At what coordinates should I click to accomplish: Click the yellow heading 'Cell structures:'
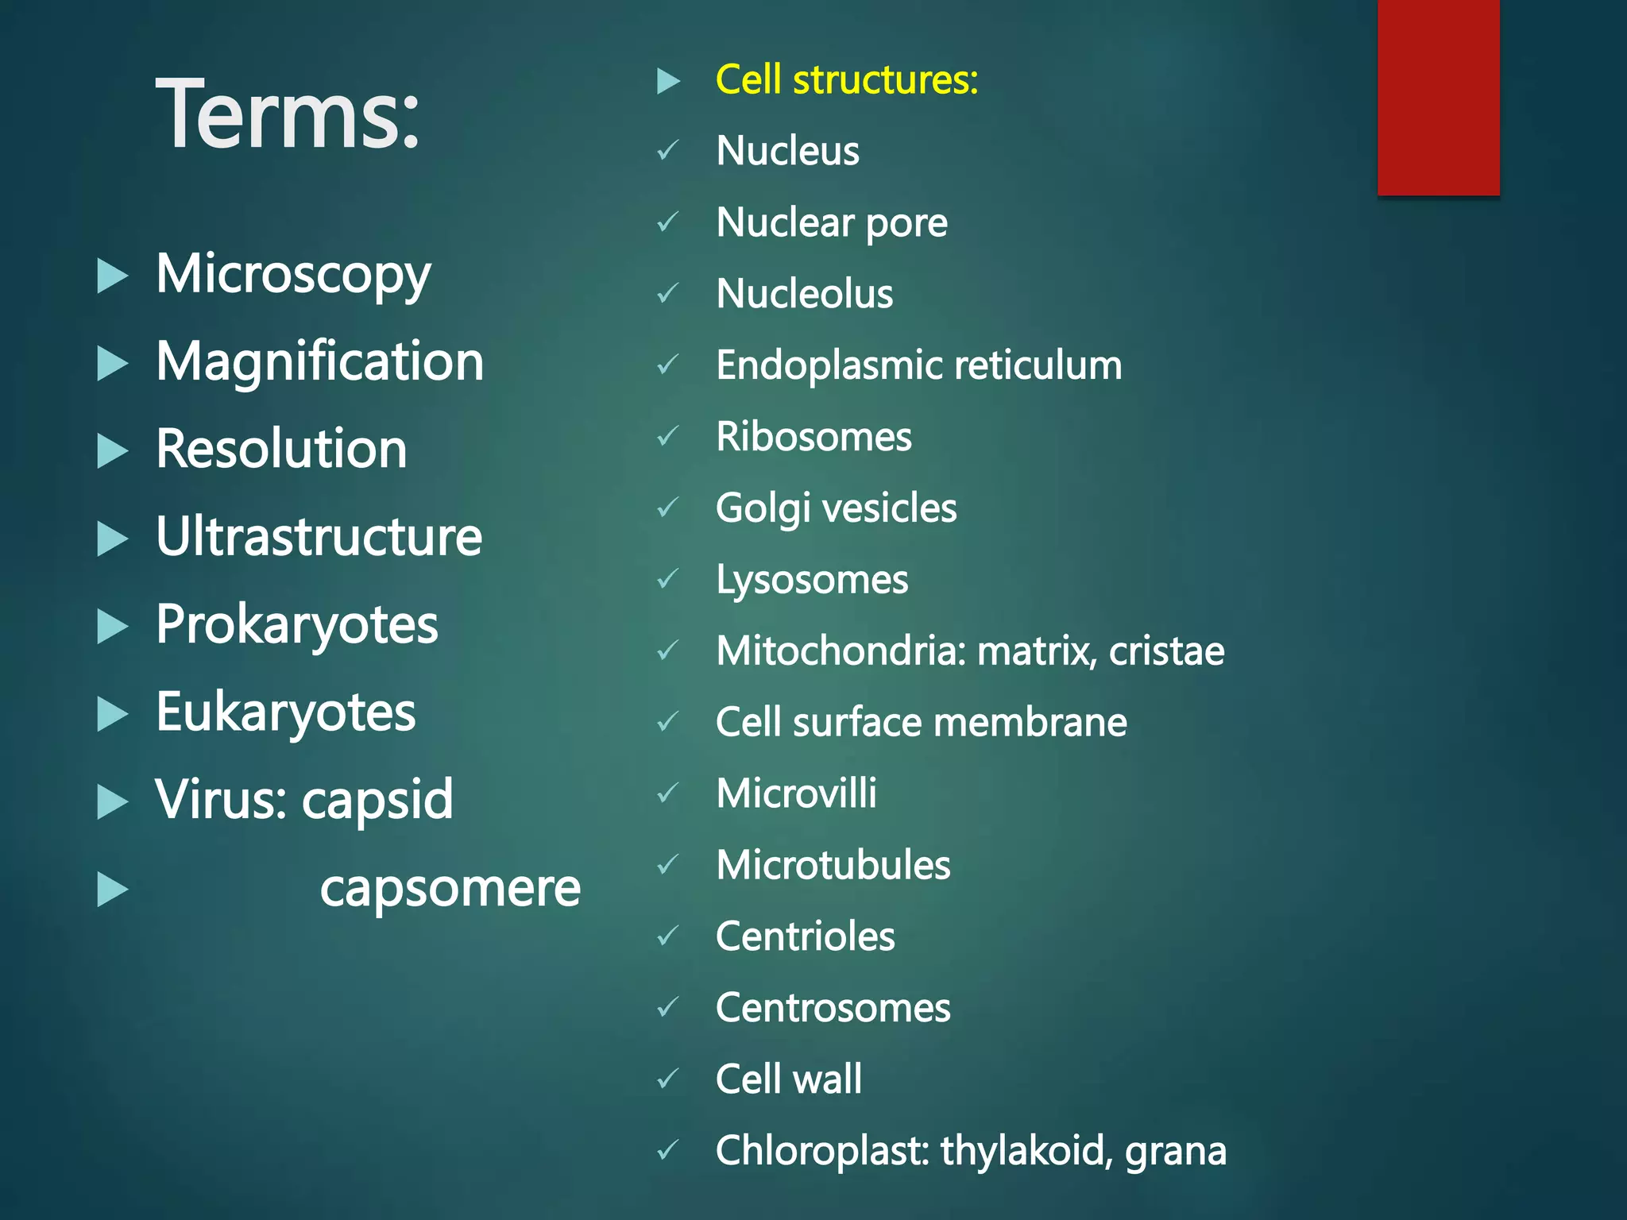tap(847, 80)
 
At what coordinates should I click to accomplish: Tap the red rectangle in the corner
tap(1438, 97)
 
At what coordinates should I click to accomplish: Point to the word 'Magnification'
tap(319, 362)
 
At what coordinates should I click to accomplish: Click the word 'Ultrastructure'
tap(319, 537)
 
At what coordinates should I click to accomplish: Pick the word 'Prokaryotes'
tap(296, 625)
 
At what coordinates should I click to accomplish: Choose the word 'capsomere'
tap(450, 889)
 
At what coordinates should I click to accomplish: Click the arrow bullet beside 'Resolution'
tap(112, 451)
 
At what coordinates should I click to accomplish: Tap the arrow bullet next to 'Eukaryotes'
tap(112, 713)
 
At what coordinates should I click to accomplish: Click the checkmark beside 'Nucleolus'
tap(667, 294)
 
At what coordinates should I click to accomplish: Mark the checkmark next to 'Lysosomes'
tap(667, 579)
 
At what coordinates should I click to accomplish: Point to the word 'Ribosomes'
tap(813, 437)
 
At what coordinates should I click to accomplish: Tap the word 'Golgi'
tap(763, 509)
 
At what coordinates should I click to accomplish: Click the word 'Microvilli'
tap(796, 793)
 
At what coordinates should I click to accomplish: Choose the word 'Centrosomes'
tap(833, 1008)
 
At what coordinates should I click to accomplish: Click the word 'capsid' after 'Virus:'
tap(377, 801)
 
